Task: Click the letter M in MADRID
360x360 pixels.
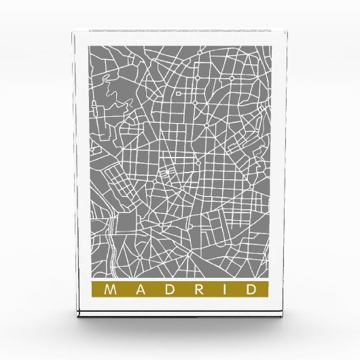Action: pos(109,290)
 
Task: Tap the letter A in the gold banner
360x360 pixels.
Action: pos(138,290)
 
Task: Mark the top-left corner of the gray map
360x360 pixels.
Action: pos(89,46)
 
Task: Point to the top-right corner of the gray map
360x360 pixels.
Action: pos(271,46)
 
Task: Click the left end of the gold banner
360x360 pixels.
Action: pos(90,290)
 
